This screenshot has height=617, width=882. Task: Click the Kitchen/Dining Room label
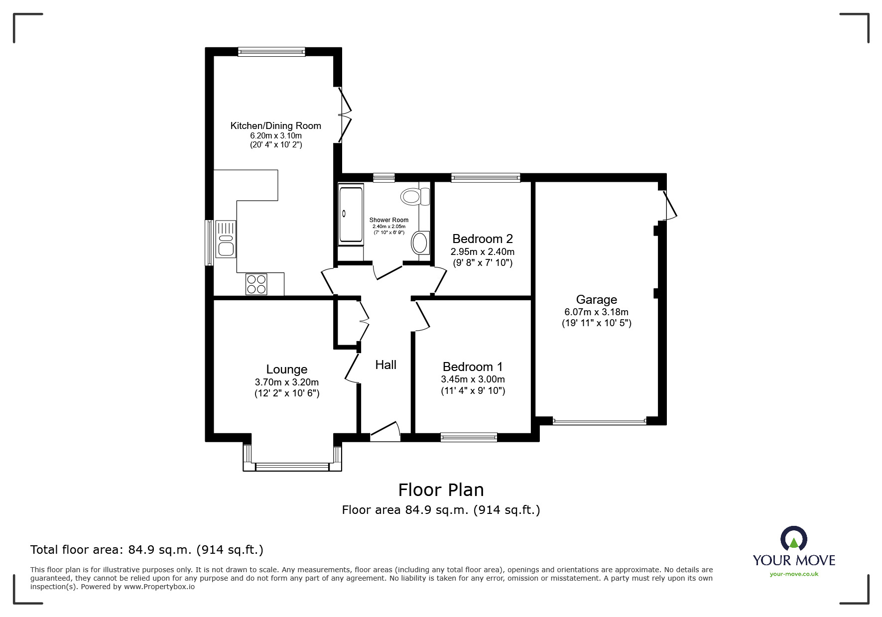[x=275, y=125]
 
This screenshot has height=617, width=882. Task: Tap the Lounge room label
[x=287, y=369]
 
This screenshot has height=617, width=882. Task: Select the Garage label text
[x=597, y=299]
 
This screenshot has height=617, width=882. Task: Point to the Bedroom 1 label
[x=473, y=367]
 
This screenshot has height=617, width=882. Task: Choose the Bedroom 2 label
[x=483, y=239]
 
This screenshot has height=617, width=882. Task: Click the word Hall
[x=386, y=365]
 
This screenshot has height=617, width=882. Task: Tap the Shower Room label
[x=389, y=220]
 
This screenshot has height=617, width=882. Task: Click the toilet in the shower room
[x=415, y=197]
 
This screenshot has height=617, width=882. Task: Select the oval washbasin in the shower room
[x=420, y=244]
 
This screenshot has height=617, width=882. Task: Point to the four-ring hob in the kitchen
[x=256, y=284]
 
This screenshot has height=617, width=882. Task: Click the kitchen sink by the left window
[x=226, y=239]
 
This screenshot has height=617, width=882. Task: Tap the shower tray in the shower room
[x=351, y=214]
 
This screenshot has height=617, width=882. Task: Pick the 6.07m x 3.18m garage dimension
[x=597, y=312]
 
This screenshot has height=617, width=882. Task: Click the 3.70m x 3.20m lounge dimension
[x=287, y=382]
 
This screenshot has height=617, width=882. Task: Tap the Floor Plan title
[x=441, y=490]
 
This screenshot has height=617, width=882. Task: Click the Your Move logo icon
[x=793, y=538]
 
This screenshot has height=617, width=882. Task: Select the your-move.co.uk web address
[x=794, y=574]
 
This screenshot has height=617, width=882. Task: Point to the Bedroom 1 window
[x=469, y=437]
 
